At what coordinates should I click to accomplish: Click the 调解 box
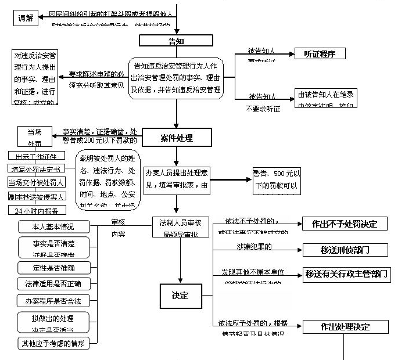(x=26, y=17)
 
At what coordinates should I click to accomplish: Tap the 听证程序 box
(x=319, y=54)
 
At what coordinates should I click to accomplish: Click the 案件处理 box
(x=176, y=138)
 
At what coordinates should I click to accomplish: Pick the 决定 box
(x=180, y=296)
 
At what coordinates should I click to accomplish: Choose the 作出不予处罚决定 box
(x=345, y=224)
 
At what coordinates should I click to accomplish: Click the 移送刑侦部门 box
(x=345, y=250)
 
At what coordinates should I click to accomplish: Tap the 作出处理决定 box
(x=345, y=327)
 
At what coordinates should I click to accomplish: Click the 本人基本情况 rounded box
(x=54, y=225)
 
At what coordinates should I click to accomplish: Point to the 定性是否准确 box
(x=54, y=268)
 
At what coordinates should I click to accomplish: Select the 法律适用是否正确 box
(x=54, y=284)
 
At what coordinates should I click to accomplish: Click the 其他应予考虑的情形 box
(x=54, y=343)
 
